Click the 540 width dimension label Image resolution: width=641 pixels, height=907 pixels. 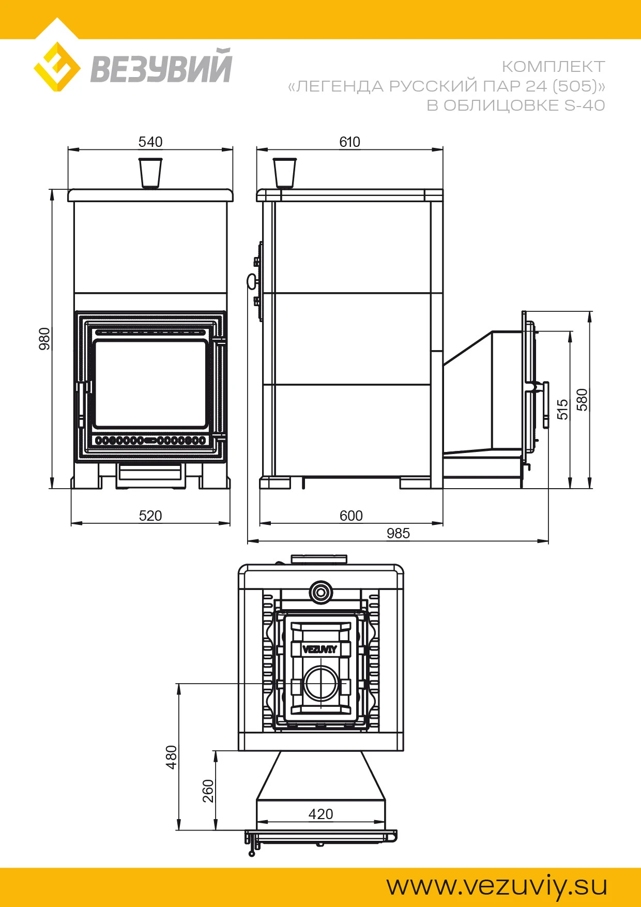tap(150, 142)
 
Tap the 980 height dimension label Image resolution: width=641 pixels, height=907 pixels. tap(45, 339)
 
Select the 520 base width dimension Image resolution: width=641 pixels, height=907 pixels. tap(150, 516)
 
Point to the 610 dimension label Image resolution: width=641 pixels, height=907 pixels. tap(349, 142)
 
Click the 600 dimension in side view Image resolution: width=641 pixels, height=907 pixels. tap(351, 516)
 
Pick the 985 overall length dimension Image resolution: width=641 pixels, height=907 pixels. tap(398, 533)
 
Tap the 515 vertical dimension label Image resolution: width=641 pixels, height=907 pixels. tap(562, 409)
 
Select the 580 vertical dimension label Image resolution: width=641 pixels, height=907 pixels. tap(583, 400)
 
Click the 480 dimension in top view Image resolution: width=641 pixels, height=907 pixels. tap(172, 757)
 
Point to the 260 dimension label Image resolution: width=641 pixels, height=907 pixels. tap(208, 791)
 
